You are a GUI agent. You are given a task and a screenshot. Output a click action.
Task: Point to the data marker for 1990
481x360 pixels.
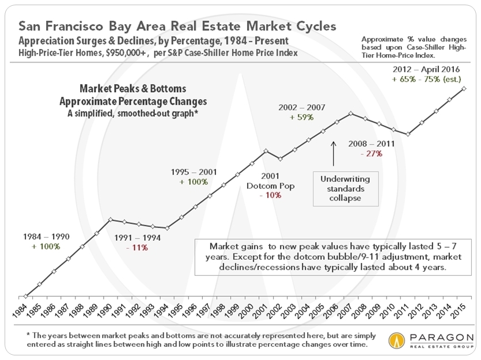(111, 219)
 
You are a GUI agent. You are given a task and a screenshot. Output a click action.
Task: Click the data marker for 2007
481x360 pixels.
(351, 113)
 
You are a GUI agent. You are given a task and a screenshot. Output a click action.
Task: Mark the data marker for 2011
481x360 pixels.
(408, 135)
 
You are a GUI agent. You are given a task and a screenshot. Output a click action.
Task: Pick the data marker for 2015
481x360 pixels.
(464, 88)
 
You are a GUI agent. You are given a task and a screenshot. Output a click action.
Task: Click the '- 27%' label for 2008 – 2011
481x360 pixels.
(369, 153)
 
